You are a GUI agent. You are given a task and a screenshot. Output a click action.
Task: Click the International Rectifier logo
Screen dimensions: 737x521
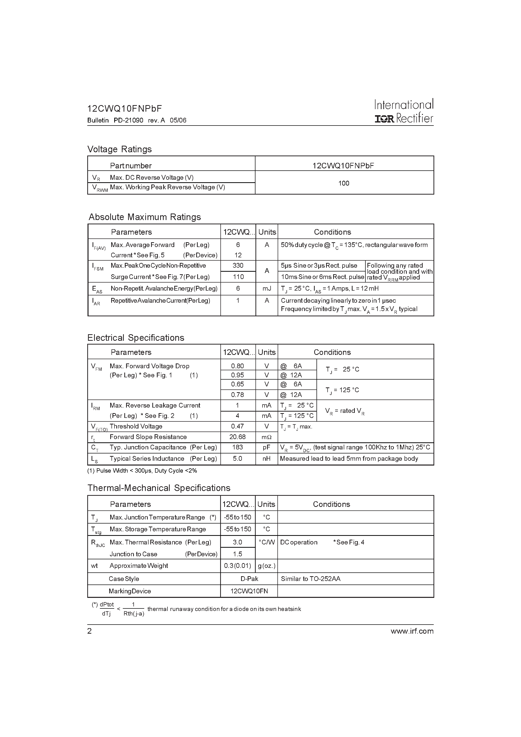tap(404, 111)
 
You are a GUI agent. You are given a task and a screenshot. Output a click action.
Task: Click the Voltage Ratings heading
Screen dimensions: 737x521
tap(120, 149)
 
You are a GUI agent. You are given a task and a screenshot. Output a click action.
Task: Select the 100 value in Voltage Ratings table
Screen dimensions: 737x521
tap(344, 183)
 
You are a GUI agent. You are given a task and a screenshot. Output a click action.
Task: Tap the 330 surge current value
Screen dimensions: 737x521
tap(238, 265)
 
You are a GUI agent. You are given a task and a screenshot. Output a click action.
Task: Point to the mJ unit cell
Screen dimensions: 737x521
tap(267, 288)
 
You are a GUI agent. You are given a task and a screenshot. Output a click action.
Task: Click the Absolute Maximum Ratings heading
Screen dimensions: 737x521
tap(144, 217)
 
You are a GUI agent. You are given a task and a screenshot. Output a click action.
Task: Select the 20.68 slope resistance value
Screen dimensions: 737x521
tap(238, 437)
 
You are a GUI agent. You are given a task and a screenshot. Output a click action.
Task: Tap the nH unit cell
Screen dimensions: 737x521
tap(266, 458)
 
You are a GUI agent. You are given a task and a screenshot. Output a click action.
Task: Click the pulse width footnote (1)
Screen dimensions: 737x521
tap(142, 471)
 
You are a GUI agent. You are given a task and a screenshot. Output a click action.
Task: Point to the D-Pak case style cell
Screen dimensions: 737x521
tap(249, 578)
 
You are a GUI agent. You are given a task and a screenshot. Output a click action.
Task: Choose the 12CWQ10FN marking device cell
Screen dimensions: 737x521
tap(249, 591)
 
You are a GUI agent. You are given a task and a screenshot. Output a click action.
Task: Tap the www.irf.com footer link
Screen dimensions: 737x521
tap(412, 631)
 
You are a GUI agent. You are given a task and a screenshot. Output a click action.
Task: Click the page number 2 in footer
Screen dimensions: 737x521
tap(90, 631)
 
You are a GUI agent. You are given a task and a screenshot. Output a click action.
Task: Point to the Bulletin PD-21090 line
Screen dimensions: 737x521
tap(136, 120)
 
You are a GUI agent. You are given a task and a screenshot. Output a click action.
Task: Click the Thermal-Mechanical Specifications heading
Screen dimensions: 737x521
tap(159, 488)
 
